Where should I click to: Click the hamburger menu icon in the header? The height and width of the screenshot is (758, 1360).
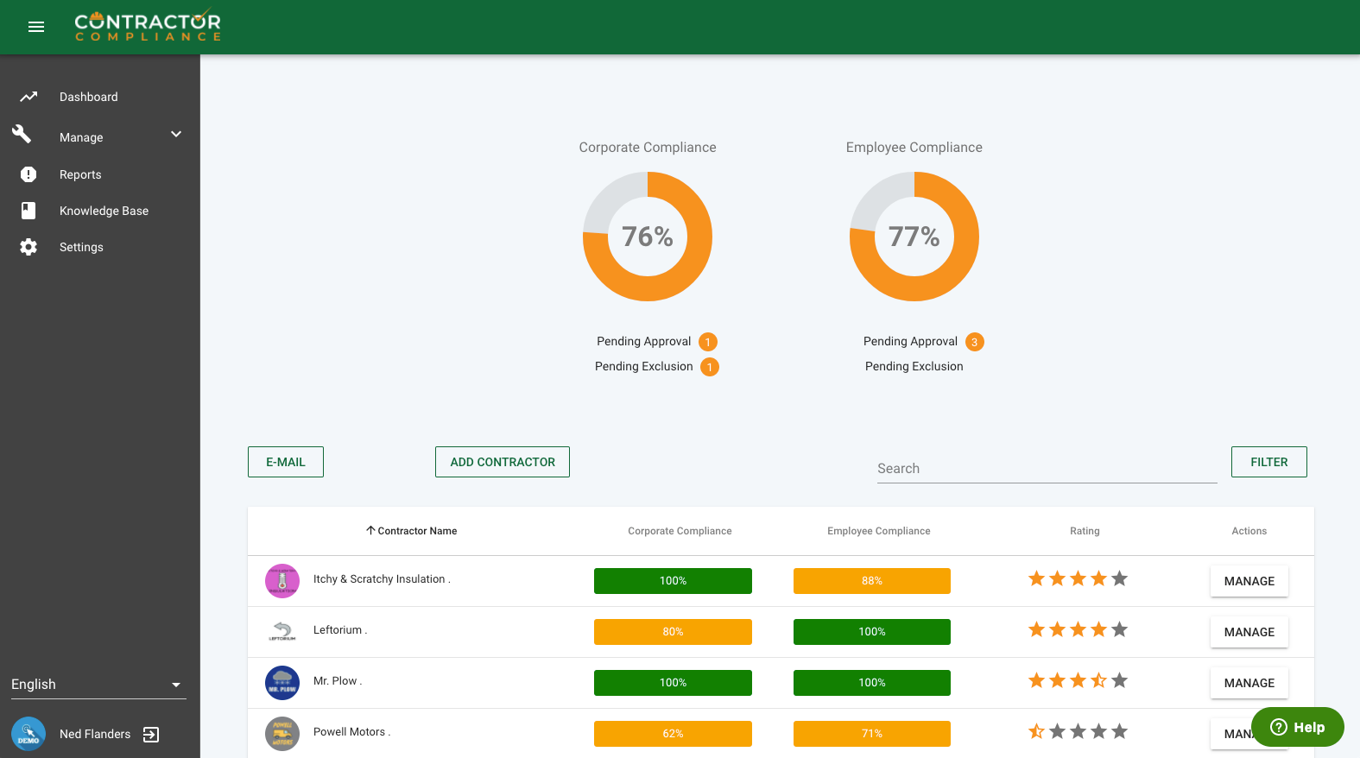[x=36, y=27]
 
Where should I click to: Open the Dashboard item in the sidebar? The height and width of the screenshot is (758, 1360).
[x=88, y=97]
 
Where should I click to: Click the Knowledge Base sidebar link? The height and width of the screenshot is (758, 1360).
[x=104, y=211]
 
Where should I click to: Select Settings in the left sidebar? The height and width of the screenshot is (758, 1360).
[x=81, y=247]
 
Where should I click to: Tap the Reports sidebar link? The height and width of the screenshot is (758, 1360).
[x=80, y=174]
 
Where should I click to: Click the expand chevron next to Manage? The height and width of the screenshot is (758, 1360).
[x=176, y=135]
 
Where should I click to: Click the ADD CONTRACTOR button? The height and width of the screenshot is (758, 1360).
[x=503, y=462]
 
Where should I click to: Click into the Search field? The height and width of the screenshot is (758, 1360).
[x=1047, y=468]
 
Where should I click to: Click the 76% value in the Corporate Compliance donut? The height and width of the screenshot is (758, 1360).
[x=648, y=237]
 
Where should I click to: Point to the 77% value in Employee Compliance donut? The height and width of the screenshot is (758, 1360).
[x=914, y=237]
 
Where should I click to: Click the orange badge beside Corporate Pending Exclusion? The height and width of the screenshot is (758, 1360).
[x=710, y=367]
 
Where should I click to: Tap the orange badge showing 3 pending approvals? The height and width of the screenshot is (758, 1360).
[x=975, y=342]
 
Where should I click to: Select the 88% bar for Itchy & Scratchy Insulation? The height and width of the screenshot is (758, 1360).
[x=872, y=581]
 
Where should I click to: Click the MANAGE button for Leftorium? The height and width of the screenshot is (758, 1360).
[x=1249, y=632]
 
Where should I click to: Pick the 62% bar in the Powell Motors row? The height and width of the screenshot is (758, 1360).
[x=673, y=734]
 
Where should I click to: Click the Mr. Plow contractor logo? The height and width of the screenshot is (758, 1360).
[x=282, y=683]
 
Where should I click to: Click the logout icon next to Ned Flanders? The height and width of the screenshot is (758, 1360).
[x=151, y=735]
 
